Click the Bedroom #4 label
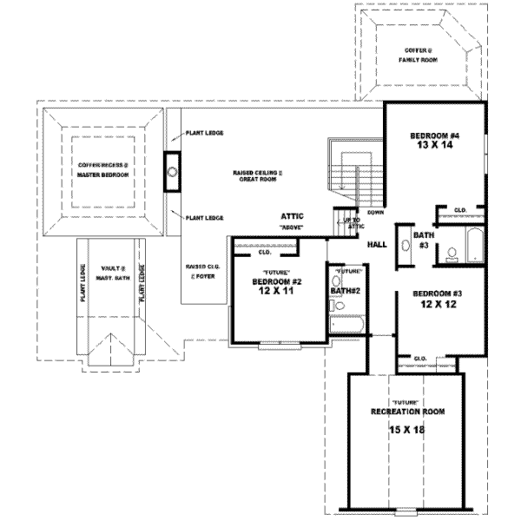point(434,136)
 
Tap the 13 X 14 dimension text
point(434,147)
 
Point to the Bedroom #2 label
point(276,282)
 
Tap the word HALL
point(378,246)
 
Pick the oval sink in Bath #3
point(406,244)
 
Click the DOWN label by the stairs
point(376,213)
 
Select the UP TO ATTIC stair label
point(353,224)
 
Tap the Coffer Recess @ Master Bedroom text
point(103,169)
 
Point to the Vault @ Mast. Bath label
point(112,273)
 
